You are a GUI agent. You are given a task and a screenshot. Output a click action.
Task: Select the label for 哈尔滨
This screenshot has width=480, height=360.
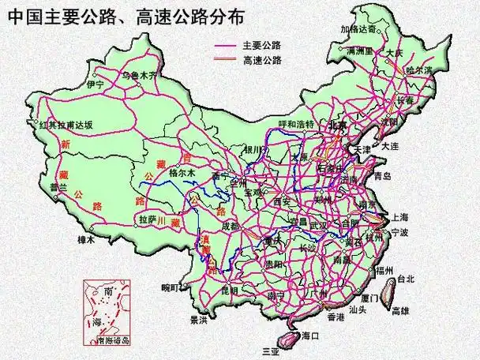pos(418,69)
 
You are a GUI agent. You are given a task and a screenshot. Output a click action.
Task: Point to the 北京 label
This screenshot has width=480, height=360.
pos(337,125)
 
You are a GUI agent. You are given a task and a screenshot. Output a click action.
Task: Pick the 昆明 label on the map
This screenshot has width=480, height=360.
pos(230,291)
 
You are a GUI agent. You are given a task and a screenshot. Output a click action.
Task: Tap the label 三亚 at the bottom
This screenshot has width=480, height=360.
pos(272,351)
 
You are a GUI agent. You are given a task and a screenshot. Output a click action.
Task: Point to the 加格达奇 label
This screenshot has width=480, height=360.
pos(360,28)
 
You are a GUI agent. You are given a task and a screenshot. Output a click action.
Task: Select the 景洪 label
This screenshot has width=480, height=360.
pos(198,321)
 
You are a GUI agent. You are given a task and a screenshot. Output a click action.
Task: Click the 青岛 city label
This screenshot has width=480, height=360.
pos(383,175)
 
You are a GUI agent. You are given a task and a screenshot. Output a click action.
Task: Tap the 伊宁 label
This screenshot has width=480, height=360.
pos(96,84)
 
